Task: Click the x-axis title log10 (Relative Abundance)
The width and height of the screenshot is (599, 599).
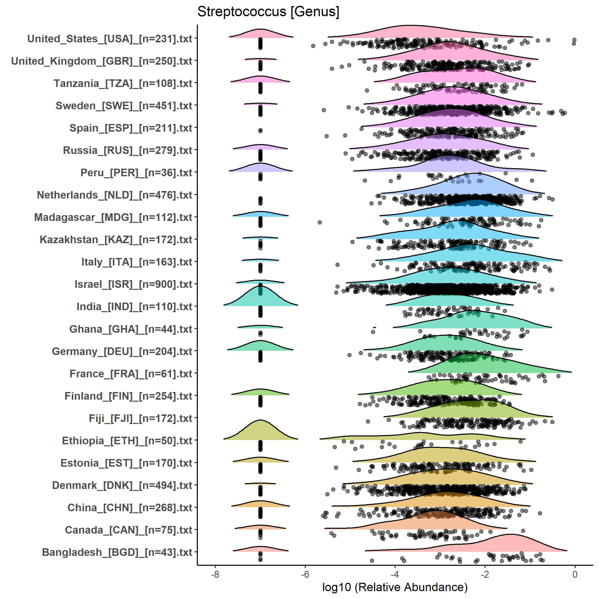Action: [395, 587]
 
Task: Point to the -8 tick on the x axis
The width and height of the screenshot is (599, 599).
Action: [215, 574]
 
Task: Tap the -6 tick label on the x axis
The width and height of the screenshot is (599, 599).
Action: [305, 574]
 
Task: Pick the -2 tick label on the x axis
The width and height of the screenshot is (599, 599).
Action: [485, 574]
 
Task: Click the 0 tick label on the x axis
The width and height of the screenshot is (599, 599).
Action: [575, 574]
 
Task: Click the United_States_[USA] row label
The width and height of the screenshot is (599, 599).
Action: [110, 39]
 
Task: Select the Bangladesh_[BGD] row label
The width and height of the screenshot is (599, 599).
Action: [117, 552]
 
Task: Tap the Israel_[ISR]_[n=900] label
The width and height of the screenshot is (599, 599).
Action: [133, 284]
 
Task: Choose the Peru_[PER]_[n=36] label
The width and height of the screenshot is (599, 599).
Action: [136, 173]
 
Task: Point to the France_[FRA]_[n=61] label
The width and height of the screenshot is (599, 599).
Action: [131, 374]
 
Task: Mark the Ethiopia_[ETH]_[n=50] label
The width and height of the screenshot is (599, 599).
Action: [127, 441]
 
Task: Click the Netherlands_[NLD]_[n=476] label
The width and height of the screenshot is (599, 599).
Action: [114, 195]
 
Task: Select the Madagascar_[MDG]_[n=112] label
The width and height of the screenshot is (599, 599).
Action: [113, 217]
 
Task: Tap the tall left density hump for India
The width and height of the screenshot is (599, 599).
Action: [260, 296]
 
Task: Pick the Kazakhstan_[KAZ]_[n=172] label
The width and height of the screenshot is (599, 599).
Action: [116, 240]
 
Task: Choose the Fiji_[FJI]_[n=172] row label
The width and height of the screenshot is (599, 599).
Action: [140, 418]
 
